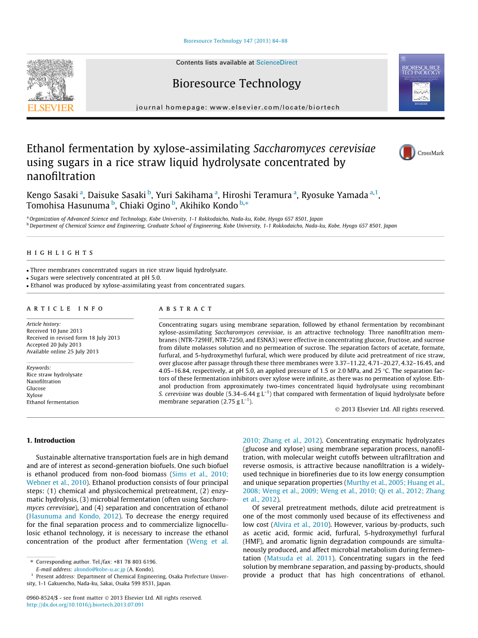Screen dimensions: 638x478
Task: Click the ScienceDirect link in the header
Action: [276, 63]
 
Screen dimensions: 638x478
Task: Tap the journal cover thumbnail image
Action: [421, 82]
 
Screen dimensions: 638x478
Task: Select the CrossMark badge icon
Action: [408, 153]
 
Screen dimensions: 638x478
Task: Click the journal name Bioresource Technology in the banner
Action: [236, 84]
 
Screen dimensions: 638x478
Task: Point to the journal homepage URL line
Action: [238, 108]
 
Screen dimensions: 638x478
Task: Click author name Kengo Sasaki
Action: [52, 195]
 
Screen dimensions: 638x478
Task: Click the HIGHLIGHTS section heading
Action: [60, 253]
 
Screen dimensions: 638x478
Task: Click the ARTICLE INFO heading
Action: [65, 309]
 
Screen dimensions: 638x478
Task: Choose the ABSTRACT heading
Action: [186, 309]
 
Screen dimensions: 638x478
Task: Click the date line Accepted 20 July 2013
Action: [54, 345]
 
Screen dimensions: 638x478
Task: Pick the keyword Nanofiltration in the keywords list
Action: [43, 382]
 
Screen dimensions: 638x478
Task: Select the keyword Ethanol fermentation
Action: [53, 402]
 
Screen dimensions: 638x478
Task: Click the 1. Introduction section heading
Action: [51, 440]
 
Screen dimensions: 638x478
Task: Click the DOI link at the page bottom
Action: [85, 605]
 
